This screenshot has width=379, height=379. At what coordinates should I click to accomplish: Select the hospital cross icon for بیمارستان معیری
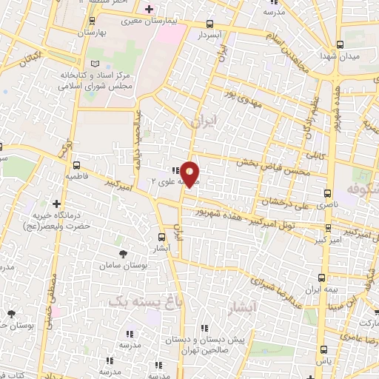tap(150, 9)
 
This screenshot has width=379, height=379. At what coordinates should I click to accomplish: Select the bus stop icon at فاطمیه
tap(76, 165)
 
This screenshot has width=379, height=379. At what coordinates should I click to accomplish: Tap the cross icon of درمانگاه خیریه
tap(56, 203)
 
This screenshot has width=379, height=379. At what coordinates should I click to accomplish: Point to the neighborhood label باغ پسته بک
tap(138, 300)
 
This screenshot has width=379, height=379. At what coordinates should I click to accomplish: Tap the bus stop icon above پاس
tap(323, 350)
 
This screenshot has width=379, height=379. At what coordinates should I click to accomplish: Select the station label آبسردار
tap(210, 35)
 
